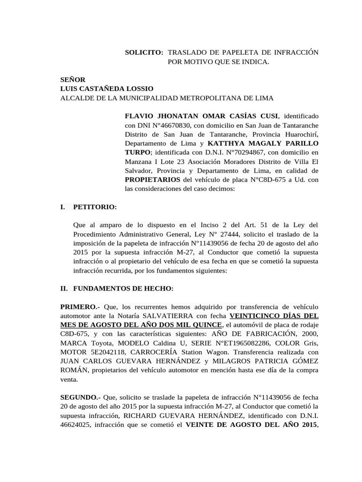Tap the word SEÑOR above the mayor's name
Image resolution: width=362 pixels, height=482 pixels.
coord(73,80)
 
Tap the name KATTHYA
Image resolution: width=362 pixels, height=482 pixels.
coord(228,143)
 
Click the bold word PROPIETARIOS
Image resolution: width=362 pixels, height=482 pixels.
coord(152,179)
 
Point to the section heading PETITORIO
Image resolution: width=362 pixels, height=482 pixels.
coord(95,207)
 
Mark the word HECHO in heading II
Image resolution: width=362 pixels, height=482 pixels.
coord(161,289)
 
